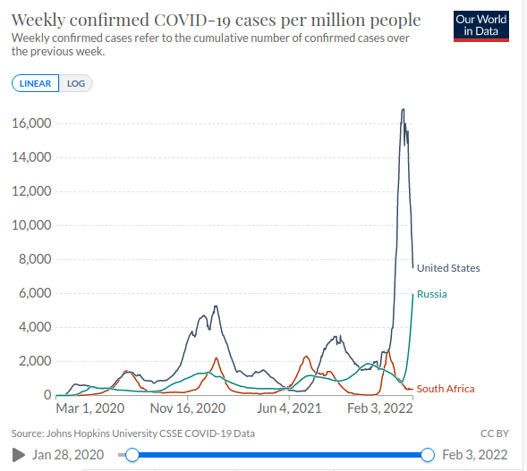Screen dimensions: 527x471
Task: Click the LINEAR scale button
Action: [x=35, y=83]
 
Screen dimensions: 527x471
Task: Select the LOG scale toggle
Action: [x=76, y=83]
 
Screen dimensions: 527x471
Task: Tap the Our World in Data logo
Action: [x=481, y=26]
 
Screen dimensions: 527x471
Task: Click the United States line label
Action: [x=448, y=268]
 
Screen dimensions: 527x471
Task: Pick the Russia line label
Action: [x=432, y=294]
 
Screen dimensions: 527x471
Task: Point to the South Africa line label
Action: [x=446, y=389]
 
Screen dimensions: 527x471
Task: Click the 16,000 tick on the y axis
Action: [x=31, y=123]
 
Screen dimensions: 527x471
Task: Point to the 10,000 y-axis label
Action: [x=31, y=225]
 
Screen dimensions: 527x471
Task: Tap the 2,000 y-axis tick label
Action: [x=35, y=361]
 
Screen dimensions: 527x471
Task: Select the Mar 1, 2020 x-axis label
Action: [x=90, y=408]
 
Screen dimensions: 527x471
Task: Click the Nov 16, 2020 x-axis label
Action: [x=188, y=408]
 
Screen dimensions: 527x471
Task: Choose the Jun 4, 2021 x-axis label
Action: [x=289, y=408]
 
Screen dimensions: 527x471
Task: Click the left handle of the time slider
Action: [x=132, y=455]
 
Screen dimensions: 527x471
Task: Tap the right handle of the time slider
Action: [x=428, y=455]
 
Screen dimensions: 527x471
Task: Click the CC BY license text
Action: [x=495, y=433]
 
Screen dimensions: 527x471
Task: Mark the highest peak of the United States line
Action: [x=403, y=109]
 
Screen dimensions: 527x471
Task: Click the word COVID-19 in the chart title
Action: [x=192, y=21]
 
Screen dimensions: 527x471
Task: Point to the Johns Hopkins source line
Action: [x=133, y=433]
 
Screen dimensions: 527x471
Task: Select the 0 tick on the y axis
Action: [x=47, y=395]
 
